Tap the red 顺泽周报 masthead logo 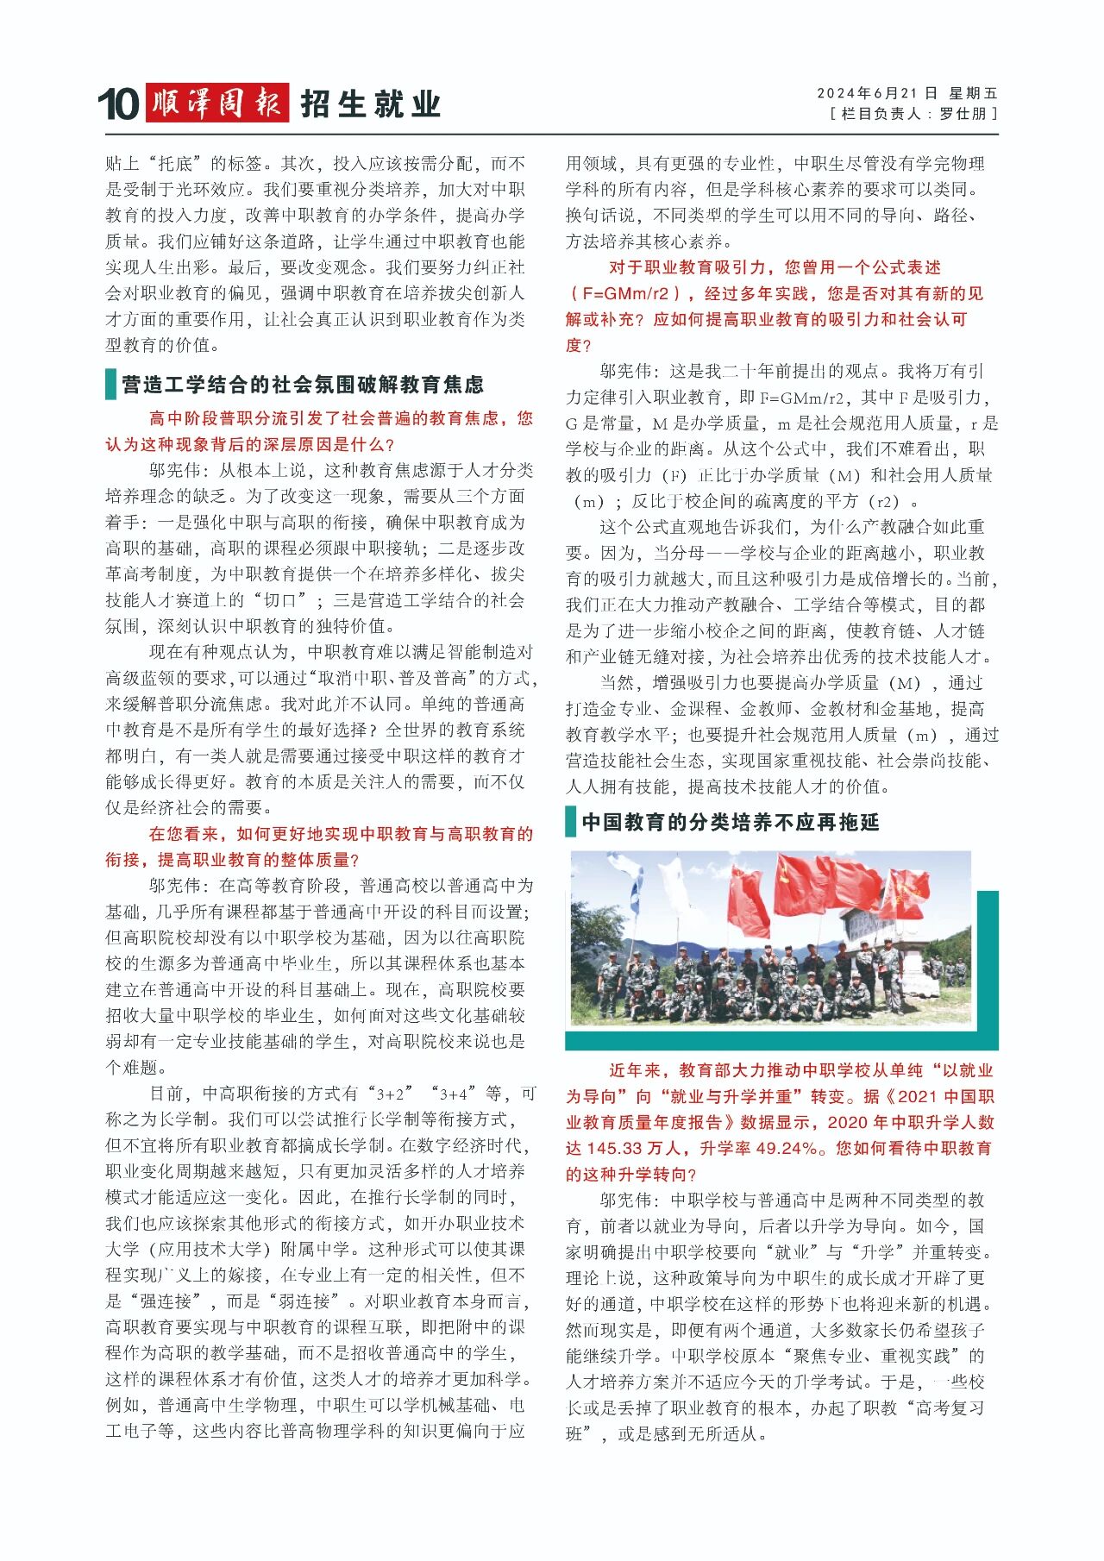click(216, 103)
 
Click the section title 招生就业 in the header click(371, 104)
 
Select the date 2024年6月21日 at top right click(876, 93)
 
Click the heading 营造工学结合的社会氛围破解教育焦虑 click(303, 385)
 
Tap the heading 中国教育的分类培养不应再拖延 click(730, 822)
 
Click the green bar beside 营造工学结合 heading click(110, 385)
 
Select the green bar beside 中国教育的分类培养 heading click(570, 822)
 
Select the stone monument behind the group click(863, 928)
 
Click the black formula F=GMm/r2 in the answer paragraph click(802, 398)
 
